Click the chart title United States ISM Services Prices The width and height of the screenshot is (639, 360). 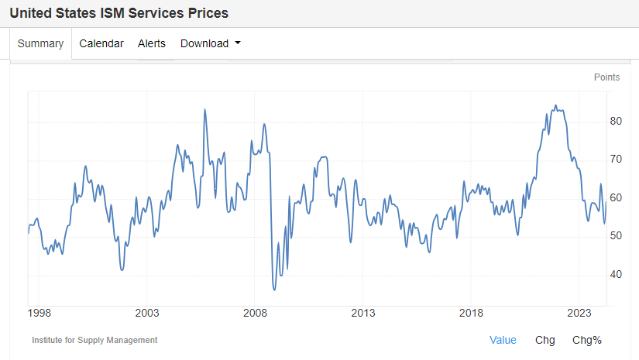click(x=119, y=13)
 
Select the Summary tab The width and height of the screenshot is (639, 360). click(x=40, y=43)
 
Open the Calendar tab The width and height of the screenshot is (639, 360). click(x=101, y=43)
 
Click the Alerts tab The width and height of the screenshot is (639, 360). click(x=152, y=43)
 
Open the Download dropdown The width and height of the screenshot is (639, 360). click(x=210, y=43)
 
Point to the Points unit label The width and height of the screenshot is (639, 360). click(x=606, y=77)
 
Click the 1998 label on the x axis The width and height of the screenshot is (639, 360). click(x=39, y=314)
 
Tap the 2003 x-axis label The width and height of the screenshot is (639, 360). click(x=146, y=314)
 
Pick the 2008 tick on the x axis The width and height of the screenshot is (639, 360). click(x=255, y=314)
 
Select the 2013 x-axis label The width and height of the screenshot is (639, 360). click(x=362, y=314)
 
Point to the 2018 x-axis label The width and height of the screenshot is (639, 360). click(x=471, y=314)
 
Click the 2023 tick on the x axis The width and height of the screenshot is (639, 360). click(x=579, y=314)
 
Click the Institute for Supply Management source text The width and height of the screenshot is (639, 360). click(x=94, y=340)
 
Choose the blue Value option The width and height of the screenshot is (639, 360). click(x=503, y=340)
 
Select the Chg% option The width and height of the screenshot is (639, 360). click(x=586, y=340)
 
